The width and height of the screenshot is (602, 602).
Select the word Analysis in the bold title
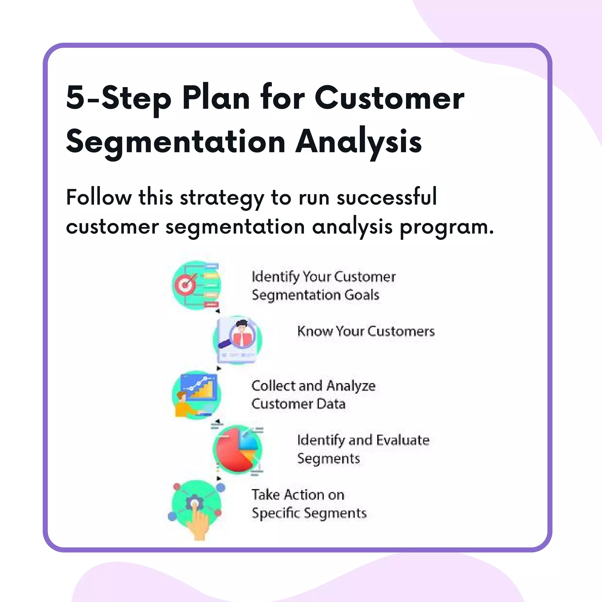point(358,142)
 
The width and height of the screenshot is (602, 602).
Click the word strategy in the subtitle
point(222,198)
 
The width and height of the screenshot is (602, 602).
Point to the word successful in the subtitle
point(386,198)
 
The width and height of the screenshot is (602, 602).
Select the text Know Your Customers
point(366,331)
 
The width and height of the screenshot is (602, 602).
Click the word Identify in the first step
point(275,277)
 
